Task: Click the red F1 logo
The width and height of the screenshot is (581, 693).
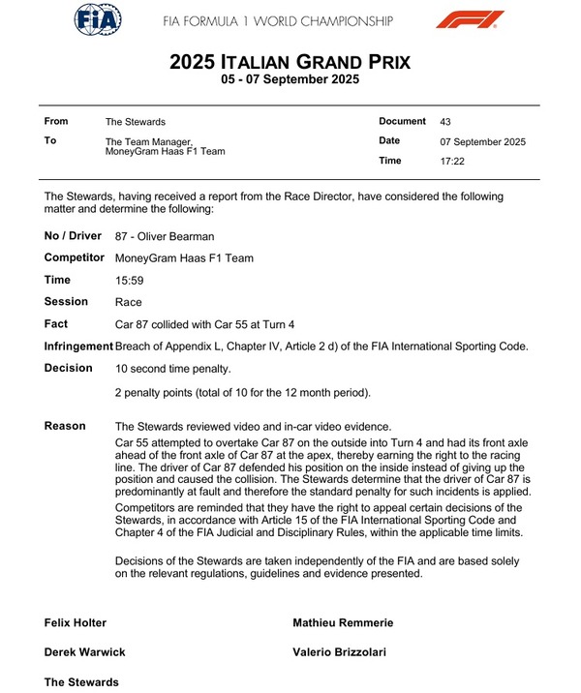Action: [x=470, y=19]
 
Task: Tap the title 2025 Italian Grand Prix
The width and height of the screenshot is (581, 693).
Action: [x=290, y=62]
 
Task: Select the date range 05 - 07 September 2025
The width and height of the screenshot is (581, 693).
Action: [x=290, y=80]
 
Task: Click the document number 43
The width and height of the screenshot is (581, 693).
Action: [x=445, y=122]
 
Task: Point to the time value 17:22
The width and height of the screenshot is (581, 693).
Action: [x=452, y=162]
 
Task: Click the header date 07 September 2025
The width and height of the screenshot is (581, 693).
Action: [x=482, y=142]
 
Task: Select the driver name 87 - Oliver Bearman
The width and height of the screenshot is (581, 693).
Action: [x=164, y=236]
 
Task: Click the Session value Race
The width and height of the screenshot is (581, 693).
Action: [x=128, y=303]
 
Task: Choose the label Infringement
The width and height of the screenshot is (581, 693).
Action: [x=78, y=346]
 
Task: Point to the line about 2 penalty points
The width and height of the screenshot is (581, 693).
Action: [x=242, y=392]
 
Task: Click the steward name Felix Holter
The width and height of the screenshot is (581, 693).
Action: [x=76, y=623]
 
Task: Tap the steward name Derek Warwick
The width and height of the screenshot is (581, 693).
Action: [x=85, y=652]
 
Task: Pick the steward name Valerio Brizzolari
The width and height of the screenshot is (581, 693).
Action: [x=339, y=652]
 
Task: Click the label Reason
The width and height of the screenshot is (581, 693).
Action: [x=65, y=426]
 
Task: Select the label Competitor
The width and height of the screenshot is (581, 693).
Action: [x=76, y=257]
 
